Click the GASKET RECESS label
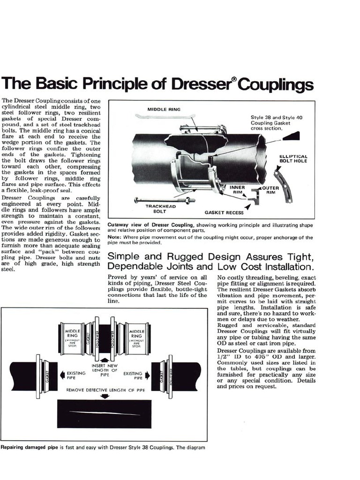224,212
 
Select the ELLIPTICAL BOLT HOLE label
293,159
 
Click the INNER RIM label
237,189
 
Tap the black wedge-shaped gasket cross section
292,136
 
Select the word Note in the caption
115,237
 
